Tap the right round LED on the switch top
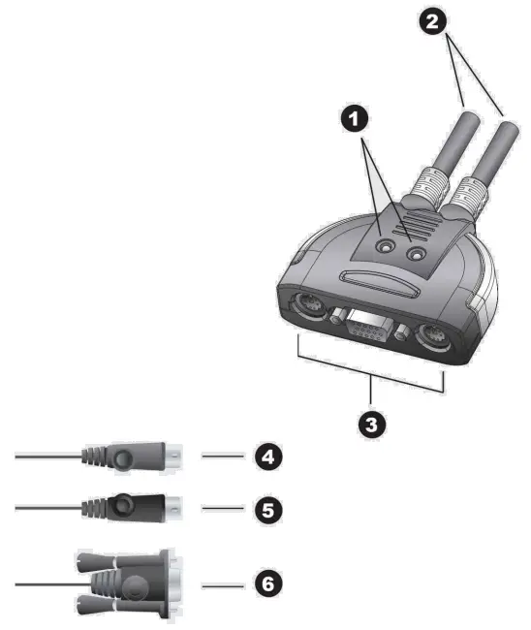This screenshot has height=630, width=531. [x=419, y=254]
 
